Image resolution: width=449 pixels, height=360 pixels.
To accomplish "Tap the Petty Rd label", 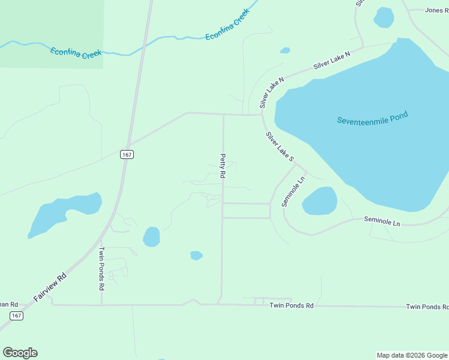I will coord(222,166).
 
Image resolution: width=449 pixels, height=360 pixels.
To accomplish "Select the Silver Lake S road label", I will coord(280,147).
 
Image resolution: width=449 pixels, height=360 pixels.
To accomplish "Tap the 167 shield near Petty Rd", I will coord(126,154).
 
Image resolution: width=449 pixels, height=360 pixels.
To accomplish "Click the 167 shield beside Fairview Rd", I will coord(16,316).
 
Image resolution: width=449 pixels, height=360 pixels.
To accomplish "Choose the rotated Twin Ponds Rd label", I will coord(101,268).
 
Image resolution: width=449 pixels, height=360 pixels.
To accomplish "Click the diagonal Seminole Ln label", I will coord(294,191).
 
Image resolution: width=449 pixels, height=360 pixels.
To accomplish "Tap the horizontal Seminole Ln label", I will coord(382,221).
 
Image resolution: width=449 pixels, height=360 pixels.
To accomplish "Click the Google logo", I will coord(20,353).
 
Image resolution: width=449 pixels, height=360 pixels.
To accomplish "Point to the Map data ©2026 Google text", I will coord(412,355).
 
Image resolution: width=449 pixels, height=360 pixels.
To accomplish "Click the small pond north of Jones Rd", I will coord(384,17).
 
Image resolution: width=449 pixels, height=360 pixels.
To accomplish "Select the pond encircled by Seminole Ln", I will coord(319,201).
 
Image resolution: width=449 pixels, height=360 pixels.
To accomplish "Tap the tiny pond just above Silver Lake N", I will coord(285,50).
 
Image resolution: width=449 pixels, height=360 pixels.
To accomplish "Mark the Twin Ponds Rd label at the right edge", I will coord(427,307).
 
